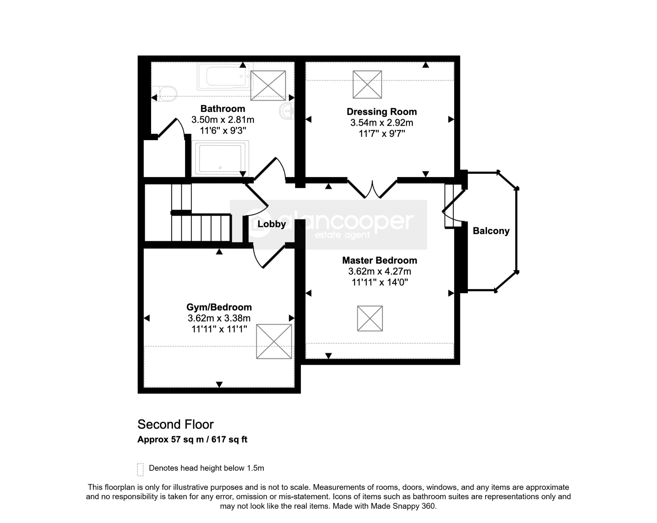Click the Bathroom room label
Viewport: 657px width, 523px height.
[223, 108]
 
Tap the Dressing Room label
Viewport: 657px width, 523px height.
[382, 112]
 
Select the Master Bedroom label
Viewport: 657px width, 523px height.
[380, 260]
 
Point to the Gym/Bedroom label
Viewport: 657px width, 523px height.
[219, 307]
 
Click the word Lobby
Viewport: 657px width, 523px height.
[272, 224]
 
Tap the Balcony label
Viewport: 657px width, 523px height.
[491, 231]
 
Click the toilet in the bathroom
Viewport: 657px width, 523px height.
[165, 93]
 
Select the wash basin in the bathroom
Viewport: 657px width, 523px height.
[287, 111]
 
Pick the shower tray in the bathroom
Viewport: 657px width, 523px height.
[220, 159]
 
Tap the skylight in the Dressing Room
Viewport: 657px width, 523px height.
[367, 84]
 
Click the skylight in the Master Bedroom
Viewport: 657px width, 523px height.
[370, 318]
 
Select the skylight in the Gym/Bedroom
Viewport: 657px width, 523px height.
[274, 341]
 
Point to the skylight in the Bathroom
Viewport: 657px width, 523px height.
[268, 85]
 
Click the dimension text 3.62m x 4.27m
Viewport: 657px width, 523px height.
[380, 271]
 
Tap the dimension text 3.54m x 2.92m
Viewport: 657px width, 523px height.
[382, 123]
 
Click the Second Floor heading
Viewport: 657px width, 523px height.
[175, 424]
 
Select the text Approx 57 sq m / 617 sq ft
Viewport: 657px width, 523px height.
[192, 439]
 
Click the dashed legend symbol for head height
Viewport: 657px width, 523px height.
[140, 469]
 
